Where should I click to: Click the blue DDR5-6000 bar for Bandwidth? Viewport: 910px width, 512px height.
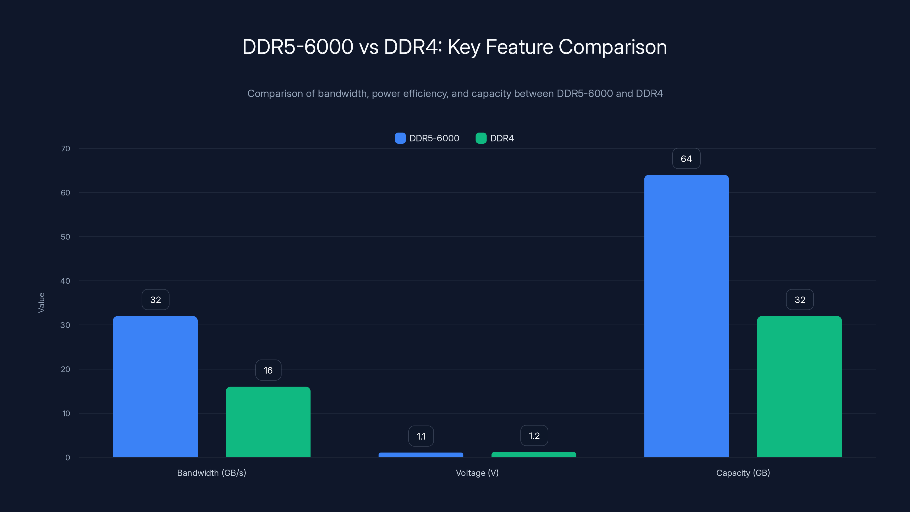click(x=155, y=387)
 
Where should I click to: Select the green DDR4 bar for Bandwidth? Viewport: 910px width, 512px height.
click(x=268, y=422)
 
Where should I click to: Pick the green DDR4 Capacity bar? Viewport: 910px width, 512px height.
click(x=799, y=387)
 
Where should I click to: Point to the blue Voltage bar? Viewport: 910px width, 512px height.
click(x=421, y=455)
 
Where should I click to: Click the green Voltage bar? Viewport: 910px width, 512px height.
click(x=533, y=455)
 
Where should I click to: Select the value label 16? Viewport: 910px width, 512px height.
click(x=268, y=370)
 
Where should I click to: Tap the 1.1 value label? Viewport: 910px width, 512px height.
click(x=421, y=436)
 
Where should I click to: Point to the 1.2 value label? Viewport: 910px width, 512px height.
click(x=534, y=436)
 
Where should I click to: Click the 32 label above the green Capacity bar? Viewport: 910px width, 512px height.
click(x=799, y=300)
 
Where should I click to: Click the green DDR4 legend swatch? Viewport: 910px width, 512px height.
click(x=481, y=138)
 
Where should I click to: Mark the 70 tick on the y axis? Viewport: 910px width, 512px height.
click(x=65, y=149)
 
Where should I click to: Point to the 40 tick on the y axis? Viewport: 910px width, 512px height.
click(x=65, y=281)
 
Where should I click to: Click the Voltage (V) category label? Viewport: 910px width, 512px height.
click(x=477, y=473)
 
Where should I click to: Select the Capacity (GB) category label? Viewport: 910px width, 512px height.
click(x=743, y=473)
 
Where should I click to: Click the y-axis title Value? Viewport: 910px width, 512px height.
click(x=41, y=303)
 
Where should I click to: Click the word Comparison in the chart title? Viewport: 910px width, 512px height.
click(x=612, y=47)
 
